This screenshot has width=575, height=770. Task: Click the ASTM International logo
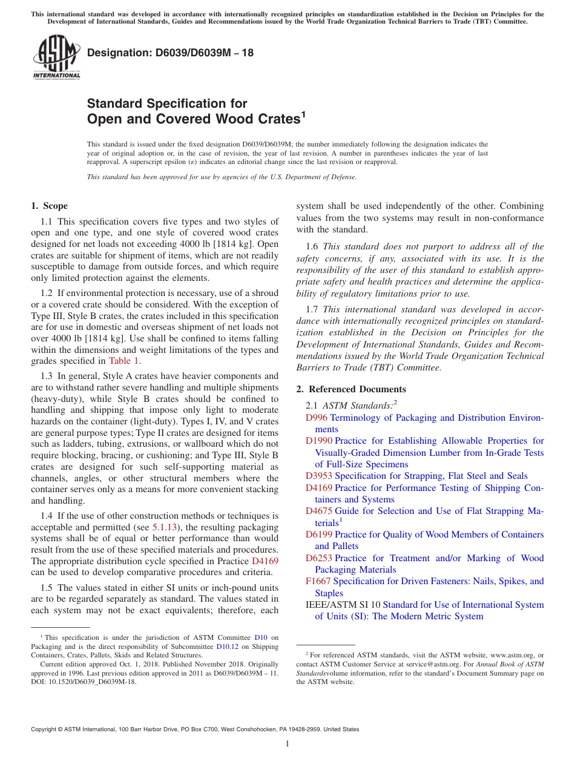pyautogui.click(x=56, y=58)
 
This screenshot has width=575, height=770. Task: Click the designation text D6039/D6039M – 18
pyautogui.click(x=170, y=53)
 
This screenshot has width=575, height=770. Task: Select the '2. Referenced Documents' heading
pyautogui.click(x=351, y=389)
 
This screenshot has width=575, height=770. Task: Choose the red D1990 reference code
pyautogui.click(x=319, y=441)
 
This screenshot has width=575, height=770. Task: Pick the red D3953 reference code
pyautogui.click(x=319, y=476)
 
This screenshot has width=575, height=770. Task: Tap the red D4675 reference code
pyautogui.click(x=319, y=512)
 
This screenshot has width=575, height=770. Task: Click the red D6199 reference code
pyautogui.click(x=319, y=535)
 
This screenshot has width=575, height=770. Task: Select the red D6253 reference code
pyautogui.click(x=319, y=558)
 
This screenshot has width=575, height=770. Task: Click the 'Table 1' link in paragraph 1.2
pyautogui.click(x=124, y=361)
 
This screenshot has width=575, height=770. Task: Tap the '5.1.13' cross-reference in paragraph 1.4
pyautogui.click(x=164, y=527)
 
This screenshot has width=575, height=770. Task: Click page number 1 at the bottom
pyautogui.click(x=287, y=744)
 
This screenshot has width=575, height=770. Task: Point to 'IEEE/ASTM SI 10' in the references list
pyautogui.click(x=343, y=605)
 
